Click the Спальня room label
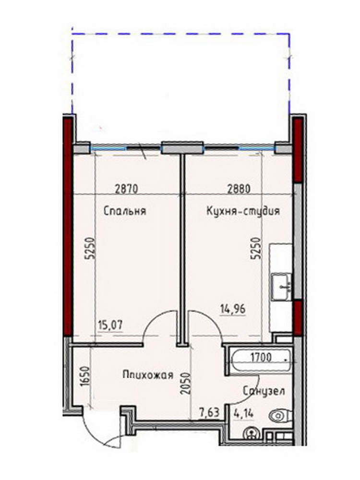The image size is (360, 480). click(x=125, y=211)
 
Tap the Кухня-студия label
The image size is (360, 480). click(x=243, y=211)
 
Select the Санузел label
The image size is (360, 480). click(x=264, y=391)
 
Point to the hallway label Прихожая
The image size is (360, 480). click(x=148, y=375)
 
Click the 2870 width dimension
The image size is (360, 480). click(x=126, y=189)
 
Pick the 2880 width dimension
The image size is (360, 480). click(x=239, y=189)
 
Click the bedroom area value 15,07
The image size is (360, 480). click(x=110, y=325)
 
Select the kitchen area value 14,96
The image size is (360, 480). click(x=233, y=310)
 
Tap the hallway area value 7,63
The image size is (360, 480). click(x=209, y=413)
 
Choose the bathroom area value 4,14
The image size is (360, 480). click(x=244, y=414)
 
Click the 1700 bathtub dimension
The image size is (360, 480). click(x=261, y=357)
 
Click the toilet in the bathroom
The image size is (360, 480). click(x=280, y=416)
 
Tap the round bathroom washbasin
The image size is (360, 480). click(x=252, y=434)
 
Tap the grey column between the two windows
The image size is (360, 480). click(x=182, y=148)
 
